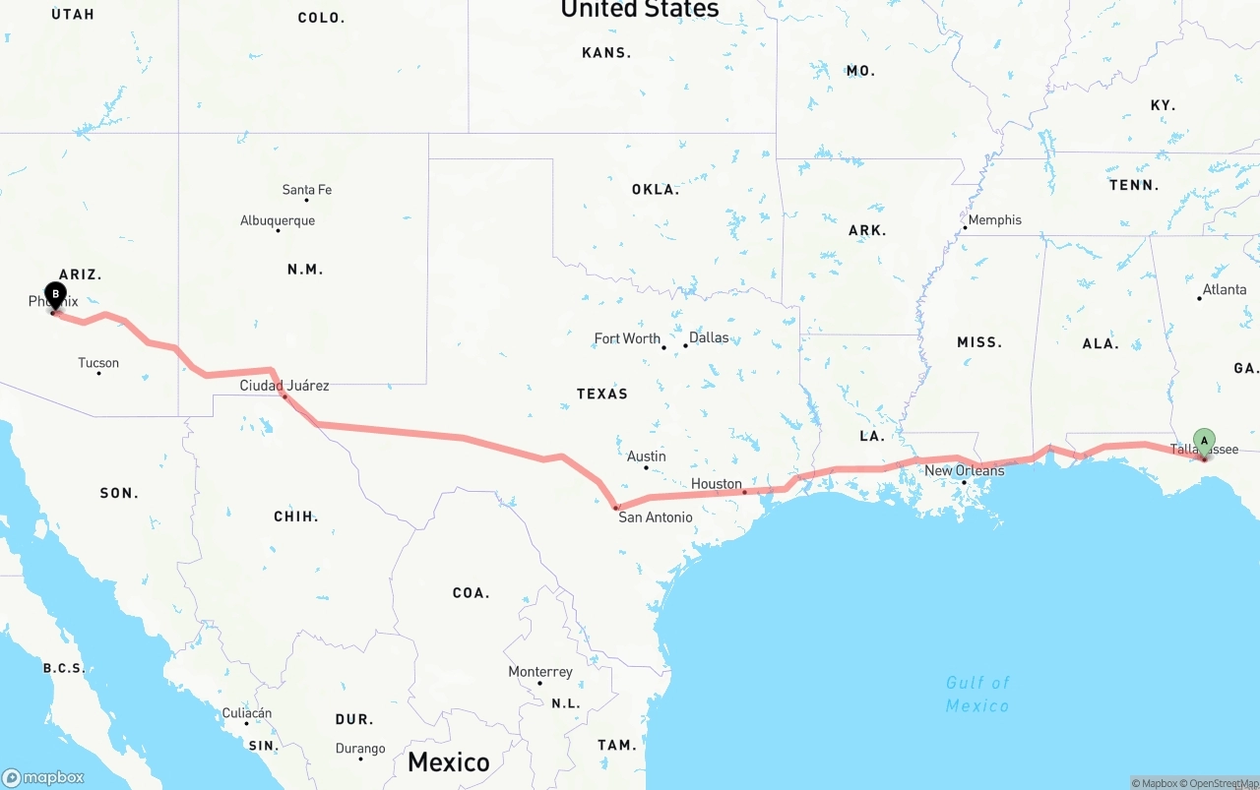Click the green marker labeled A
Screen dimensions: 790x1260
1204,441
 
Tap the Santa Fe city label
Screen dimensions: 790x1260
306,190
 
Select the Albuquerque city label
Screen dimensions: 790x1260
278,220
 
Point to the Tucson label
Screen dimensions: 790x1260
98,363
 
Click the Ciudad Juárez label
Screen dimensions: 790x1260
284,386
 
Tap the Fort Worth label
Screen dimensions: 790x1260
627,338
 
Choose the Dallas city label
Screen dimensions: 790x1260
709,337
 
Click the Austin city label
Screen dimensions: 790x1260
647,456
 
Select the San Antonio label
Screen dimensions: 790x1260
655,517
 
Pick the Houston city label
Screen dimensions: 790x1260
717,484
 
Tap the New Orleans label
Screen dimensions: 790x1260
964,470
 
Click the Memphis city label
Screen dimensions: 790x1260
994,220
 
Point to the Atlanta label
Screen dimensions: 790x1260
1225,289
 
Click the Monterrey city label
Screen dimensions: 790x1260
540,672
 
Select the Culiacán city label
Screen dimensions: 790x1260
247,713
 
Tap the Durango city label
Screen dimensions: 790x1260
360,749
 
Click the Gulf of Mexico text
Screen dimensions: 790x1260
977,694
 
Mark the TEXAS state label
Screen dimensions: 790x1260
602,394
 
